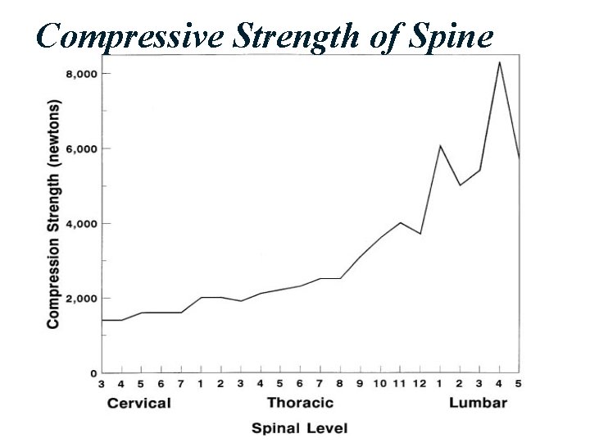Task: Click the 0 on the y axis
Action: click(x=92, y=372)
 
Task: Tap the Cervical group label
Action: click(x=139, y=403)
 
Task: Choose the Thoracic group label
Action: click(x=300, y=403)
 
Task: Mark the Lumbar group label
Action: click(x=479, y=403)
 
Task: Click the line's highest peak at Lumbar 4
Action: click(x=500, y=62)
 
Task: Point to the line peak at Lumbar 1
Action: click(x=440, y=146)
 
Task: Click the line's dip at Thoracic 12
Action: click(x=420, y=234)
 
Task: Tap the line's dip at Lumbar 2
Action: click(x=460, y=185)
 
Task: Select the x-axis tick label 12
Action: click(x=420, y=383)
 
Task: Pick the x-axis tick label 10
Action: click(x=380, y=383)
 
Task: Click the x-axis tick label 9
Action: click(x=361, y=383)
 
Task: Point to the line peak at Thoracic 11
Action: click(x=400, y=222)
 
